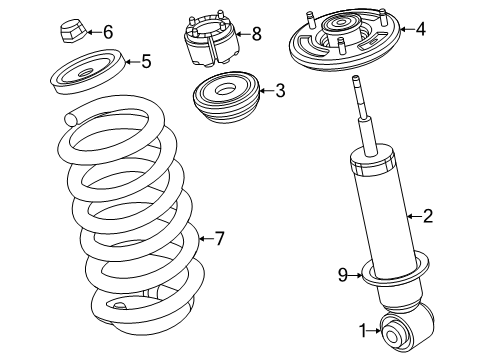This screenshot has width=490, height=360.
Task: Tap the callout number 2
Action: click(x=428, y=214)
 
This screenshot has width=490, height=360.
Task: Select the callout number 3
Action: click(x=279, y=91)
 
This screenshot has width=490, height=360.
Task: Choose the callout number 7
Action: click(x=221, y=237)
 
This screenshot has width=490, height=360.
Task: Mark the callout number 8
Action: click(x=256, y=34)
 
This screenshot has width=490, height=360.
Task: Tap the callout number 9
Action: click(x=342, y=274)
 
